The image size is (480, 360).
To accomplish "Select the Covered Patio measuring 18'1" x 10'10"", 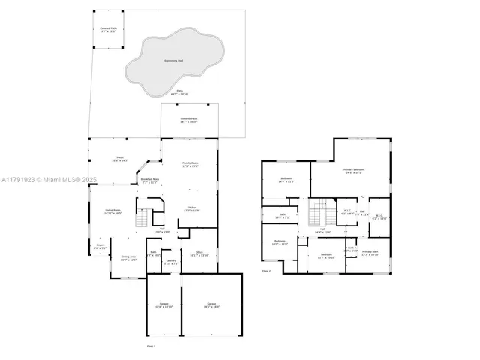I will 189,120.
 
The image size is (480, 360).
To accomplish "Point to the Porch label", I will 120,159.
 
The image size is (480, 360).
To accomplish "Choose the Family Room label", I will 190,164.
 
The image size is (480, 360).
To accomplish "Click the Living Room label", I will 112,212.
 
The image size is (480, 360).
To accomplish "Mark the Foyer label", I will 100,246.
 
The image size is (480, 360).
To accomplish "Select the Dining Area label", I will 129,258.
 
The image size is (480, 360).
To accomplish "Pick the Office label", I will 199,254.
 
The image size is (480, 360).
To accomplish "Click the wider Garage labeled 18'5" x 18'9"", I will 212,304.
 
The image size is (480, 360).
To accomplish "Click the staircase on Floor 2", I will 321,211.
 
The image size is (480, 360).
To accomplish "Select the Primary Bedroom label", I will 353,172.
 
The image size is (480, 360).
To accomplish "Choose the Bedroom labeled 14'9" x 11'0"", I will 286,180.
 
